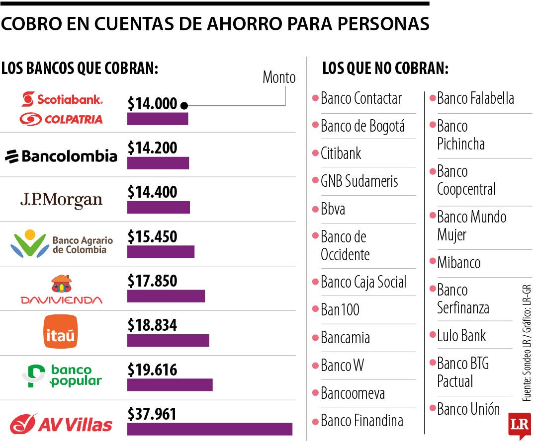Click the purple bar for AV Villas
point(209,429)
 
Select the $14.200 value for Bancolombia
point(152,148)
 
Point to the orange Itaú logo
point(61,331)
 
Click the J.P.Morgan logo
point(61,200)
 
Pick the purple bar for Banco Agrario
point(161,252)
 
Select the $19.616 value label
point(152,370)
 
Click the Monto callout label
point(278,77)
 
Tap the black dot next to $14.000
point(184,105)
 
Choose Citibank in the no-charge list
point(341,153)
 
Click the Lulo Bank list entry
point(461,336)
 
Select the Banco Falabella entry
point(475,98)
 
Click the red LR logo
point(519,425)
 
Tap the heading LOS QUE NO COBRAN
point(385,69)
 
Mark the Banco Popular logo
point(62,376)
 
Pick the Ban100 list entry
point(340,310)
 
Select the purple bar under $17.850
point(166,296)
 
